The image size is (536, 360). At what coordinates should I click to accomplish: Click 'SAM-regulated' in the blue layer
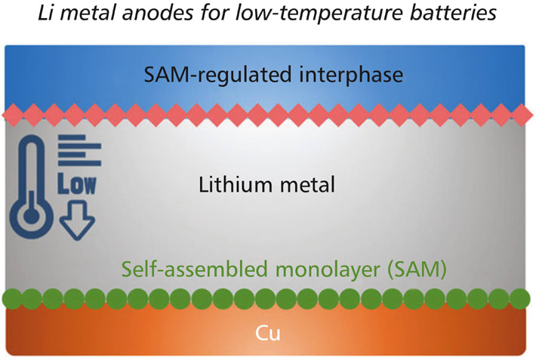point(214,75)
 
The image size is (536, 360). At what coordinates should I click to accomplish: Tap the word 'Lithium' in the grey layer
point(229,184)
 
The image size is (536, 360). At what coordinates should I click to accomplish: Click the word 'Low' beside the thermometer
point(76,185)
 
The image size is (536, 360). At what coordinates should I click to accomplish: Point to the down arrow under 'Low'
point(76,222)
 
